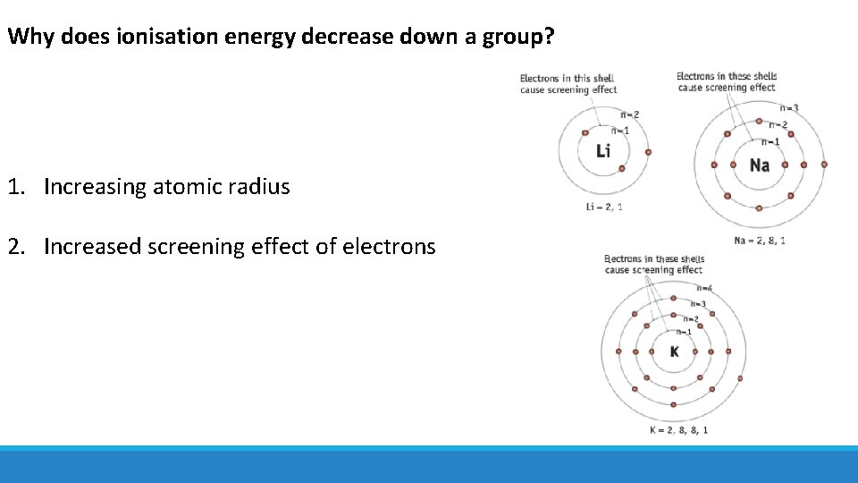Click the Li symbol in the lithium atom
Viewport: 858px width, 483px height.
pos(603,151)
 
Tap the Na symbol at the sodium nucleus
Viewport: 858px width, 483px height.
pos(759,165)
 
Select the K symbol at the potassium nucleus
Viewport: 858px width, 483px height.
pos(674,352)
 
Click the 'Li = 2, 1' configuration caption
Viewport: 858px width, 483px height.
pos(605,208)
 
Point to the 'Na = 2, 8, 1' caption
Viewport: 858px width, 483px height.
pos(760,240)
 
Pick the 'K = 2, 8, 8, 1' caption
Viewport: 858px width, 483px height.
pos(678,430)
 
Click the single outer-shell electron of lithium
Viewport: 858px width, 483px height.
pos(648,151)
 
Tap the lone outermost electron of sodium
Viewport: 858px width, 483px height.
pos(824,165)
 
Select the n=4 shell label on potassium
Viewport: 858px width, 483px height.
pos(702,288)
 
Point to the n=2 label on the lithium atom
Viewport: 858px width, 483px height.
pos(630,114)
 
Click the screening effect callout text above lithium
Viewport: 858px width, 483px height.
pos(568,84)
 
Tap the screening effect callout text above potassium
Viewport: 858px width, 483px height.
pos(653,265)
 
